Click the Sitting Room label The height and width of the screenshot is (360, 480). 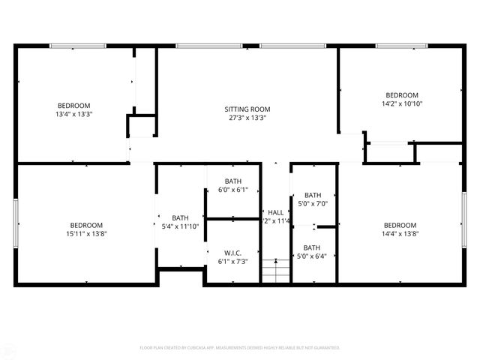pyautogui.click(x=247, y=109)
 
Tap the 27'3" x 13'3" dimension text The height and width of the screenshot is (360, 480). pyautogui.click(x=247, y=118)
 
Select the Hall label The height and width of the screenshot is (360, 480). pyautogui.click(x=276, y=212)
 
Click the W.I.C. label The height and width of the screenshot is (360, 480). pyautogui.click(x=232, y=252)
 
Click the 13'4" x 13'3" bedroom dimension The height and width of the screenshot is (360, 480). pyautogui.click(x=73, y=115)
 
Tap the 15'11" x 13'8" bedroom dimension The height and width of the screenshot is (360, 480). pyautogui.click(x=87, y=235)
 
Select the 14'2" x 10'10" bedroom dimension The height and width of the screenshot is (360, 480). pyautogui.click(x=402, y=104)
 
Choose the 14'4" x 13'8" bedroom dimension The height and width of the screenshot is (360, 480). pyautogui.click(x=400, y=235)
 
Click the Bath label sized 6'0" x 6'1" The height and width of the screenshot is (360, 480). pyautogui.click(x=232, y=181)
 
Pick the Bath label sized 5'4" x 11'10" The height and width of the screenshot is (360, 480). pyautogui.click(x=180, y=218)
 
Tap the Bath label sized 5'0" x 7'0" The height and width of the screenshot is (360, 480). pyautogui.click(x=313, y=195)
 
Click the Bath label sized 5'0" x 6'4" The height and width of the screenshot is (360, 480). pyautogui.click(x=312, y=247)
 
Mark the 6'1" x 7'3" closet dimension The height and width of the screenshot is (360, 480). pyautogui.click(x=232, y=261)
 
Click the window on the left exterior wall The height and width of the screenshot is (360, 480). pyautogui.click(x=16, y=223)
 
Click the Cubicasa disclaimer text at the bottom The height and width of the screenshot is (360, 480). pyautogui.click(x=240, y=348)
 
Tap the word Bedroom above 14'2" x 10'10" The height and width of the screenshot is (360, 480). pyautogui.click(x=402, y=95)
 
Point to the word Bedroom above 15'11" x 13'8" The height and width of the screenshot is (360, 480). pyautogui.click(x=87, y=226)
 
